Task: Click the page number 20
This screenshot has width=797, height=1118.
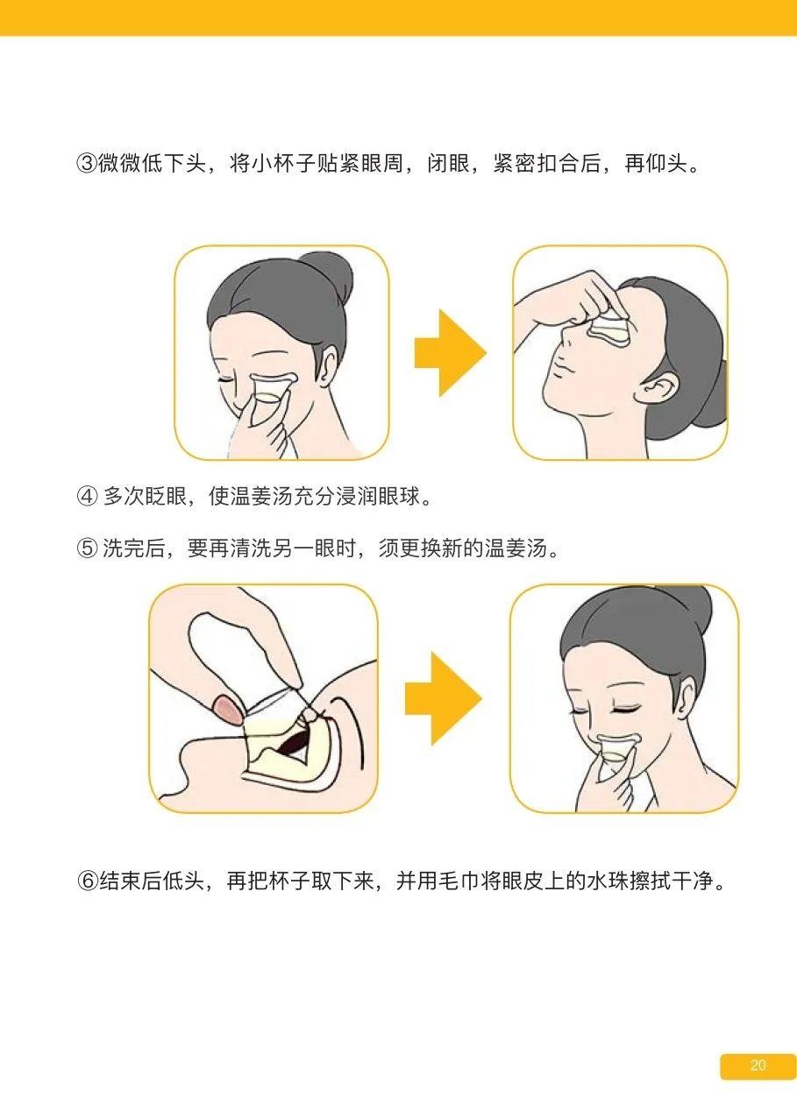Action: coord(758,1066)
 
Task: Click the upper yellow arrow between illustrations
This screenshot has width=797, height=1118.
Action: coord(450,352)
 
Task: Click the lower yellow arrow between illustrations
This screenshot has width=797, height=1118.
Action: coord(443,698)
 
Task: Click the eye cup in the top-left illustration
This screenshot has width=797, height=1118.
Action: coord(271,392)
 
